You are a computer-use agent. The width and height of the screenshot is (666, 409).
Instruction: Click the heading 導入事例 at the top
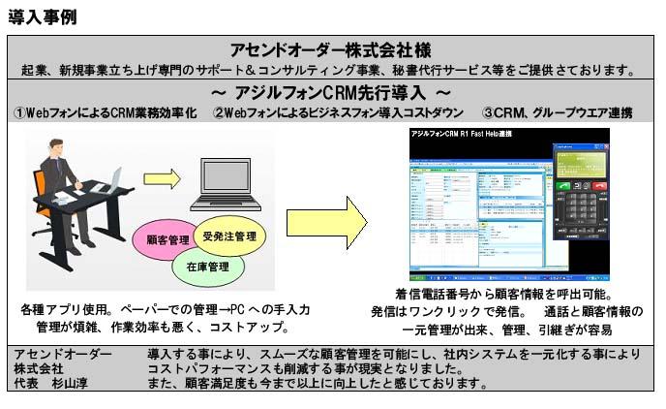coord(42,16)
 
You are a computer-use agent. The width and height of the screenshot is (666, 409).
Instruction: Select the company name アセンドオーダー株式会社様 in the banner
coord(331,50)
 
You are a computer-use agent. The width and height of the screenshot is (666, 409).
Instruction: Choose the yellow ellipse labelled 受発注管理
coord(229,234)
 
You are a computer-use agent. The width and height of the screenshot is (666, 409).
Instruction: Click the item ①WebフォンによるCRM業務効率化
coord(105,113)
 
